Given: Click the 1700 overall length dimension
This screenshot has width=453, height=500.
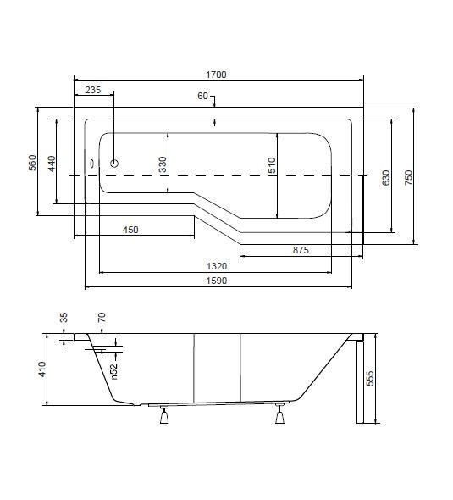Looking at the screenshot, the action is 216,75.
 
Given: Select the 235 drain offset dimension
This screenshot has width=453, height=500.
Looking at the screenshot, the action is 92,90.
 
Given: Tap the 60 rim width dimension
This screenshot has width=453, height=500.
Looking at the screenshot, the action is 202,96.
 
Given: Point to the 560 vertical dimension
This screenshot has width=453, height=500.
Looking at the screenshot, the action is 32,163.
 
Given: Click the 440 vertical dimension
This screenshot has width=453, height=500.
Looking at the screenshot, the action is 52,164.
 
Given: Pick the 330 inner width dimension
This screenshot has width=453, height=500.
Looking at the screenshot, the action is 163,164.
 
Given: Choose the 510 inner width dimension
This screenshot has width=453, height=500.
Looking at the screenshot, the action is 272,165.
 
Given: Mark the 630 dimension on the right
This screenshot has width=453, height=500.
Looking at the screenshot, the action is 386,178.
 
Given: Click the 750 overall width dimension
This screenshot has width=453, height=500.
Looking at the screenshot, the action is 408,178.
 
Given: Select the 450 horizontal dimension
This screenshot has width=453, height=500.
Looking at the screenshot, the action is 130,230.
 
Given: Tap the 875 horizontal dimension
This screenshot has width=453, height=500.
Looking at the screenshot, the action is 301,250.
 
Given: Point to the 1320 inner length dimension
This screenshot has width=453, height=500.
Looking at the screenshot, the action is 217,266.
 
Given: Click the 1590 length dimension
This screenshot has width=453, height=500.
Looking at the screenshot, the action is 217,281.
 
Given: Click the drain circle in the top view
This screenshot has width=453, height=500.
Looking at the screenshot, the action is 114,164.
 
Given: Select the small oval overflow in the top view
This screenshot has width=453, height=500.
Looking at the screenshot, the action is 92,164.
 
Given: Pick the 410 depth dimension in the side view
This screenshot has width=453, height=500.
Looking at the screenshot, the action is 42,369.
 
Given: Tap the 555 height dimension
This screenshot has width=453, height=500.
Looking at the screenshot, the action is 370,379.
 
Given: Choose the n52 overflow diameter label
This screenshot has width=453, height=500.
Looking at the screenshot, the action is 114,371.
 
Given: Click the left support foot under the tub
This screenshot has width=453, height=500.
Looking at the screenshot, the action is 164,415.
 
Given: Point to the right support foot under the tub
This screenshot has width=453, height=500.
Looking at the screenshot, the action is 279,414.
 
